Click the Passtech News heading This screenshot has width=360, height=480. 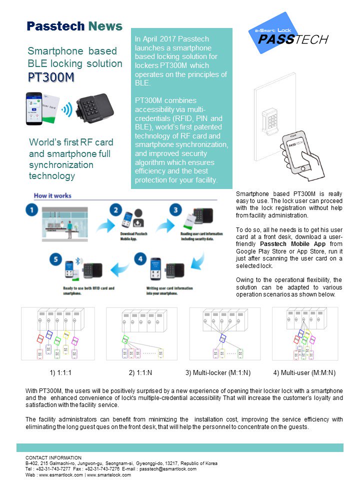[x=74, y=26]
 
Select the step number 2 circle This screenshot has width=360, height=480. [x=115, y=210]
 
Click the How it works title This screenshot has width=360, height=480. [x=52, y=195]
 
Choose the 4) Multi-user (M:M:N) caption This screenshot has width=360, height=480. [x=304, y=372]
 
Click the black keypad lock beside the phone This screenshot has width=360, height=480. [x=95, y=107]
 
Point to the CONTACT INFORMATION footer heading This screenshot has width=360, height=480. [x=53, y=457]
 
